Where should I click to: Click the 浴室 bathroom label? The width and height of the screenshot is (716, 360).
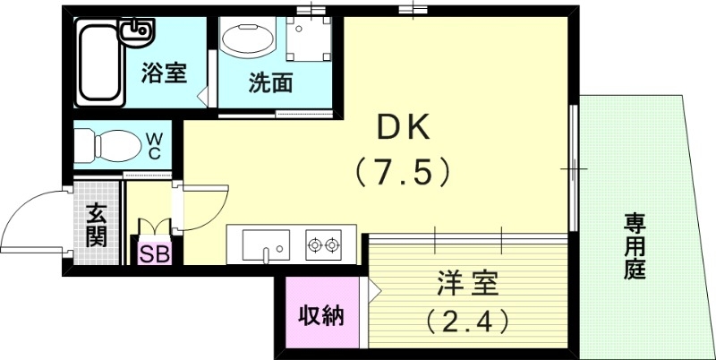pos(165,73)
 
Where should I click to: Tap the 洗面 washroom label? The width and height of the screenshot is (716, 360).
pos(269,85)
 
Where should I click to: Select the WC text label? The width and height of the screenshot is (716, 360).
pos(153,145)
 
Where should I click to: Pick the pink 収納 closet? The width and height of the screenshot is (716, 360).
pos(320,315)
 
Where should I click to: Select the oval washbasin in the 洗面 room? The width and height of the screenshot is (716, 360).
pos(248,40)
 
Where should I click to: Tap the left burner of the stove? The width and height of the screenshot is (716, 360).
pos(315,243)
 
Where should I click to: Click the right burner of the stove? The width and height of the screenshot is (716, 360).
pos(334,243)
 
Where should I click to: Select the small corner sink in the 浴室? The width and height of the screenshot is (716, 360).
pos(139,33)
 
